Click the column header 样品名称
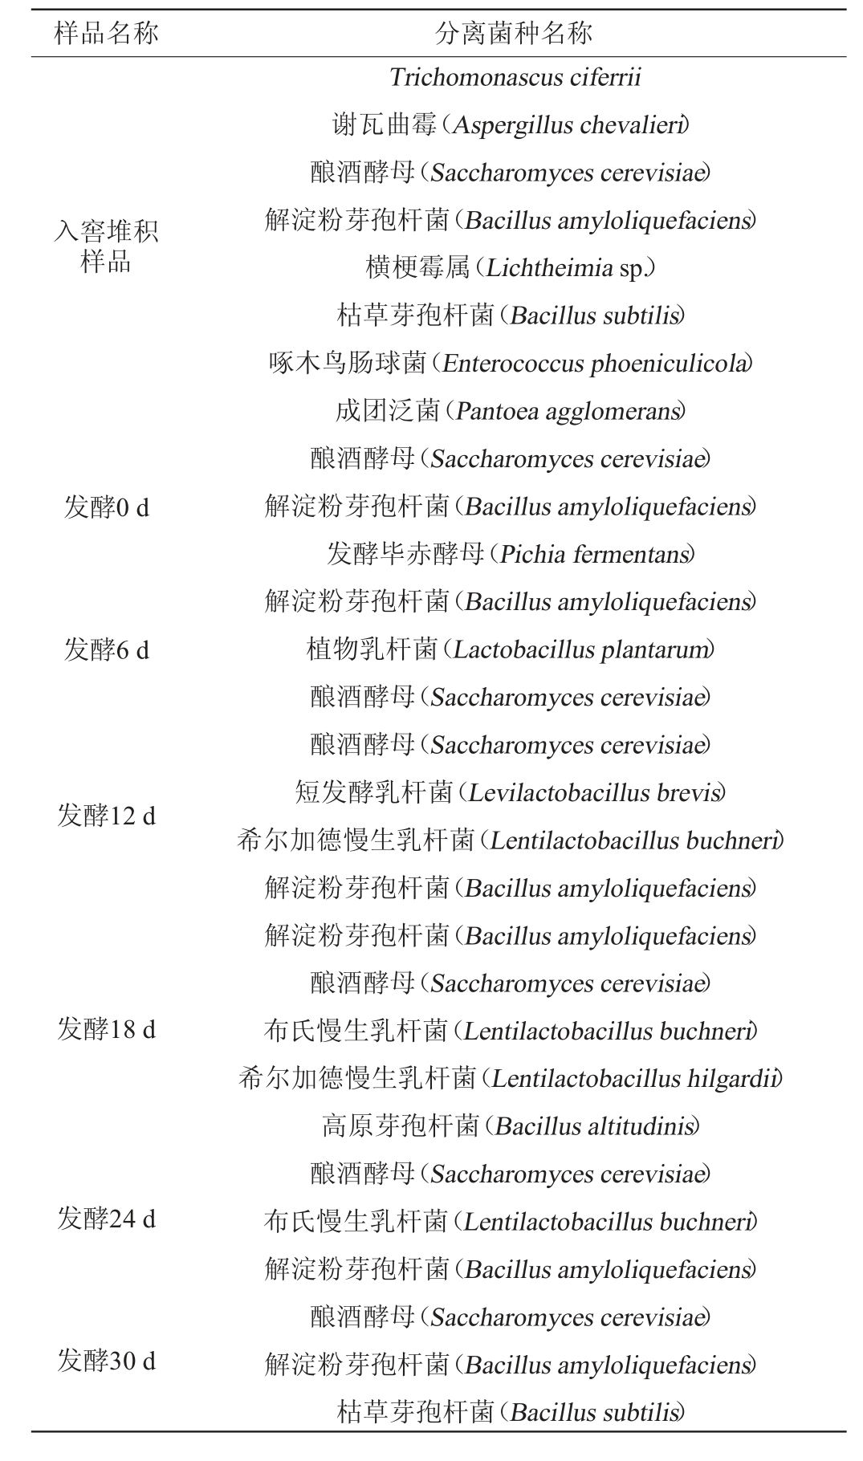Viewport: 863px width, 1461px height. pyautogui.click(x=106, y=33)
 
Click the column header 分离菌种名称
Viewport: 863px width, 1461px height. pyautogui.click(x=514, y=33)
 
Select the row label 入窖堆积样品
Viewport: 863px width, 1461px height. pyautogui.click(x=106, y=246)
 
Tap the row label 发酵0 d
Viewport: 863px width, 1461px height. pyautogui.click(x=106, y=507)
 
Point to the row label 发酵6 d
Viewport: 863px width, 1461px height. pyautogui.click(x=106, y=650)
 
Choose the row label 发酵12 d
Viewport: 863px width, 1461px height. pyautogui.click(x=106, y=816)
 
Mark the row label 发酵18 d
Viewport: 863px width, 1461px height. pyautogui.click(x=106, y=1030)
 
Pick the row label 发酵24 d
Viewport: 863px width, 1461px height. pyautogui.click(x=106, y=1220)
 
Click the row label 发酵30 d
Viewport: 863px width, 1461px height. pyautogui.click(x=106, y=1361)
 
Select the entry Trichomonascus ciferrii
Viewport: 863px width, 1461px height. pyautogui.click(x=515, y=78)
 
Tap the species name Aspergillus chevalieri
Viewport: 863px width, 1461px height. pyautogui.click(x=569, y=125)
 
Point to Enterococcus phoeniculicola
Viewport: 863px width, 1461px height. pyautogui.click(x=596, y=364)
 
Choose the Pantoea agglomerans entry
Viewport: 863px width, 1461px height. pyautogui.click(x=568, y=412)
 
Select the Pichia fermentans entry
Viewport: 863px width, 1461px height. pyautogui.click(x=594, y=555)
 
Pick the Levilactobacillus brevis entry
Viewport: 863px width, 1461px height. pyautogui.click(x=594, y=793)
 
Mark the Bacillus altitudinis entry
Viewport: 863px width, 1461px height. pyautogui.click(x=595, y=1126)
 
